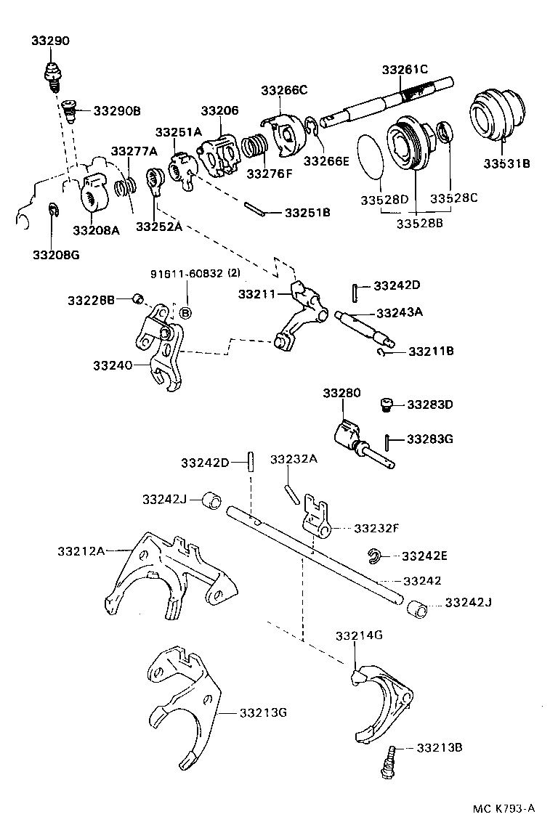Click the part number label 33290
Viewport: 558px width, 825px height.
click(50, 41)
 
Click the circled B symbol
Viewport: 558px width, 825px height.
click(185, 313)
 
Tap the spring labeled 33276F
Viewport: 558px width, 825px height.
click(254, 149)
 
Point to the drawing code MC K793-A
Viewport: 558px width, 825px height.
click(504, 808)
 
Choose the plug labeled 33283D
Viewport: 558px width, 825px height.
click(387, 405)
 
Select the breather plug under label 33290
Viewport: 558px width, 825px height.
click(52, 74)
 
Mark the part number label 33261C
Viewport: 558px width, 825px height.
click(405, 70)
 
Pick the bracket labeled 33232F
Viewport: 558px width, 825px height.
click(315, 516)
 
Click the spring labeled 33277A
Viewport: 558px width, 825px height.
click(124, 186)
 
